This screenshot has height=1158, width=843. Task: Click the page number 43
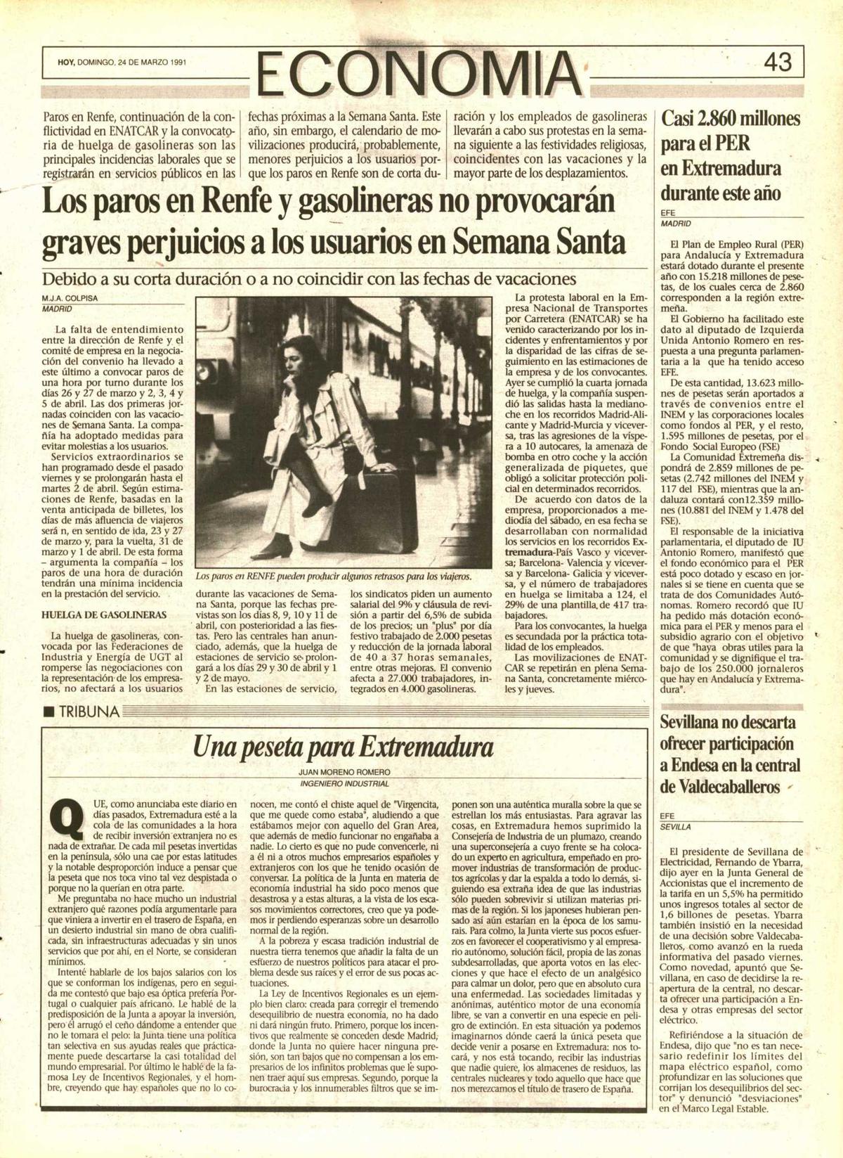[778, 63]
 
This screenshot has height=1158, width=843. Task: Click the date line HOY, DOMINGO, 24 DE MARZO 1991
[122, 63]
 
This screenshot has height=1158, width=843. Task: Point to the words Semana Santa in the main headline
[539, 242]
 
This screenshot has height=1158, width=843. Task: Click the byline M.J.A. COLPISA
[70, 298]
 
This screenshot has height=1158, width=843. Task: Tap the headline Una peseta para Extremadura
[343, 746]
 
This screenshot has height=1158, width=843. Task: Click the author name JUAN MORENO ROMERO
[344, 771]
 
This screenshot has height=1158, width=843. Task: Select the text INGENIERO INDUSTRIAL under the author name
[344, 783]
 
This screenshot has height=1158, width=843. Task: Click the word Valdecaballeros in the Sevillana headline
[720, 787]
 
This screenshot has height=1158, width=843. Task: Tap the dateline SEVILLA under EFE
[675, 828]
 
